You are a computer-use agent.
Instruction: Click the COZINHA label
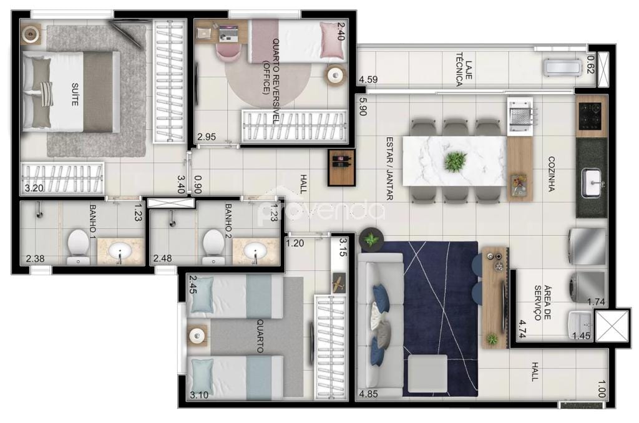point(551,173)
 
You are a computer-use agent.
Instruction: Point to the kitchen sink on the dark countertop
point(591,182)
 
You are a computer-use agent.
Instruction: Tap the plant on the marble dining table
point(456,161)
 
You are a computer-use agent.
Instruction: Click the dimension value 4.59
point(368,80)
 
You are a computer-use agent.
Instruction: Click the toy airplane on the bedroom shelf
point(338,283)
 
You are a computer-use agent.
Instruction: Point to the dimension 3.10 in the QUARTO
point(200,394)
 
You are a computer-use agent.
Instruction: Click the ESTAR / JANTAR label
point(389,168)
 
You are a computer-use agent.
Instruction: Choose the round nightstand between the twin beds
point(198,335)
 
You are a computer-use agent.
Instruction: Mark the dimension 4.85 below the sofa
point(369,394)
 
